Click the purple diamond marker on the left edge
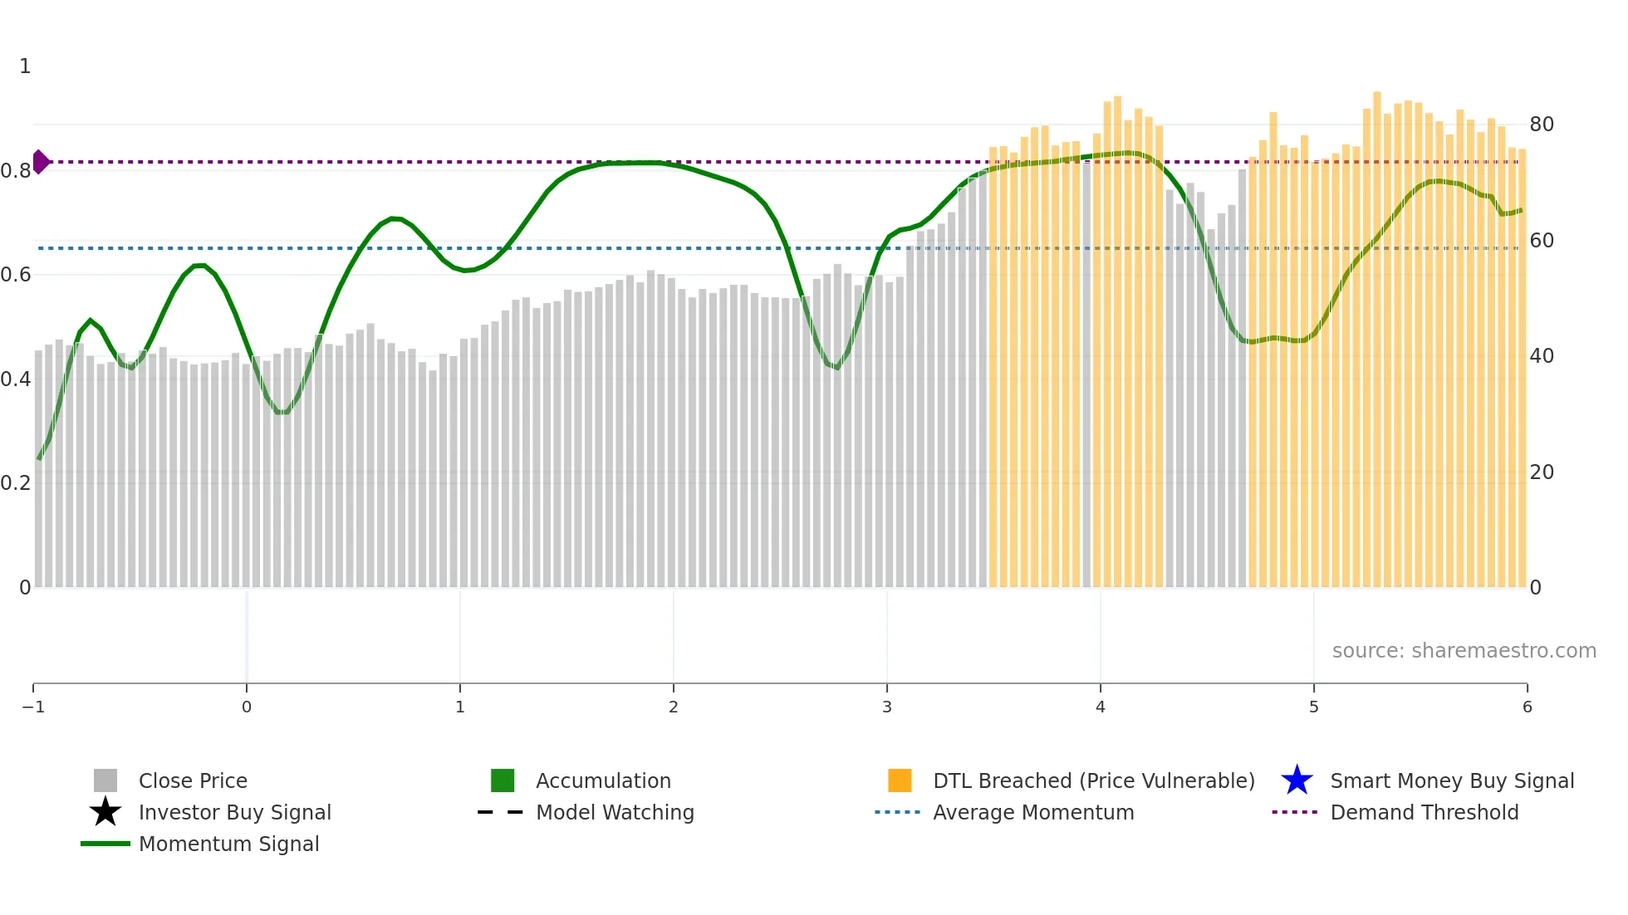[x=40, y=162]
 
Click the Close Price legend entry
[x=192, y=780]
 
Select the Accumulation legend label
[x=603, y=780]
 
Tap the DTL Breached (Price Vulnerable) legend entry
[x=1093, y=780]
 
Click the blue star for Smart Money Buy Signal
[x=1297, y=780]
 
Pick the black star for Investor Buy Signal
[x=105, y=812]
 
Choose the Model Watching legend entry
[x=615, y=812]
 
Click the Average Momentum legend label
[x=1033, y=812]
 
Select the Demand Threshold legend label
[x=1424, y=812]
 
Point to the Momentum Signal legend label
[x=228, y=844]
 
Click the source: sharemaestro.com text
[x=1464, y=650]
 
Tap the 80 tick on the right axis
[x=1542, y=125]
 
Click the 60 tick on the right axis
[x=1542, y=241]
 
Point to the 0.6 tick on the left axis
[x=17, y=275]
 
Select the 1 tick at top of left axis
[x=25, y=66]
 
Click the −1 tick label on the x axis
[x=33, y=707]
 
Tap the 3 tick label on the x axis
[x=887, y=707]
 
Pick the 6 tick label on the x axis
[x=1527, y=707]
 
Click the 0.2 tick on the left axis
[x=17, y=483]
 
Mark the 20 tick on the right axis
[x=1542, y=472]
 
